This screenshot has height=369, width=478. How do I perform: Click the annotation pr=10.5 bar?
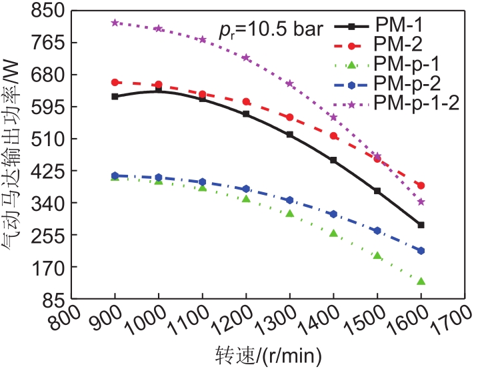271,29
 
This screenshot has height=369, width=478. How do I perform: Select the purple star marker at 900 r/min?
115,23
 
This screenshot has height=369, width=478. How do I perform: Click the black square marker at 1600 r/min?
421,225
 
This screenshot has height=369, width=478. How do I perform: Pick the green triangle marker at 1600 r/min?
421,281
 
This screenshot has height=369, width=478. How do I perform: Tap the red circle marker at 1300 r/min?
290,117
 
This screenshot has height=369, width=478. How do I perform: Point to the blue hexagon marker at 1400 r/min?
333,214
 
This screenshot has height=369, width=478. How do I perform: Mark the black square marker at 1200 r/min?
246,114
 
